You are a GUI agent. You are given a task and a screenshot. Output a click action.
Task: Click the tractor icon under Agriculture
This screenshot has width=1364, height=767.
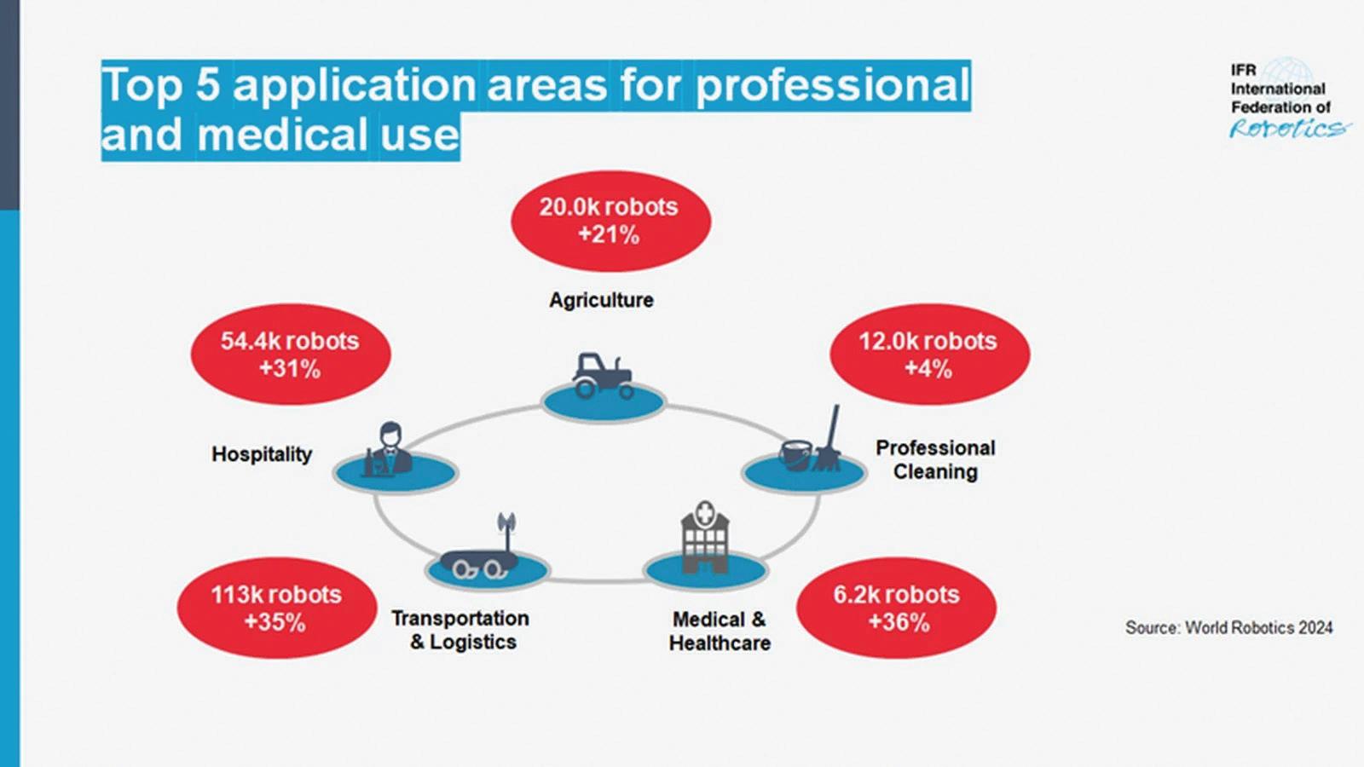tap(603, 376)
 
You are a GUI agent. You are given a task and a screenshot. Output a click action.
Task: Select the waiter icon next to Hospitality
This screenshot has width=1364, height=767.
tap(389, 449)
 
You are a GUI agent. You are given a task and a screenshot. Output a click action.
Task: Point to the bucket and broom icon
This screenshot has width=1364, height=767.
tap(811, 441)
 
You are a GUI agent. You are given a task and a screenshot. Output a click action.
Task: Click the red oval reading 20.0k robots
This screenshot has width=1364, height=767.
tap(610, 221)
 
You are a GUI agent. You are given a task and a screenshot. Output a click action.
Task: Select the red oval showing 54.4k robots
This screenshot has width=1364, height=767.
tap(290, 355)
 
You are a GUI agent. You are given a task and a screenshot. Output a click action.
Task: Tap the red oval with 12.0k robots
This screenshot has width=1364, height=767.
tap(929, 355)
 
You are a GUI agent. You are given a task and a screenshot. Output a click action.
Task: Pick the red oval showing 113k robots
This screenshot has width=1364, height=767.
tap(276, 608)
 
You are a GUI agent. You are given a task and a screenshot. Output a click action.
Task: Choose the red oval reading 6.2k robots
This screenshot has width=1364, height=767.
tap(896, 608)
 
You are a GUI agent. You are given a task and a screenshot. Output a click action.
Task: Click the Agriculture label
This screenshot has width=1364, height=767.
tap(601, 300)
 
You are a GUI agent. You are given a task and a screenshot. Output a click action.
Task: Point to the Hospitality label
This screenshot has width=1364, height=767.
tap(262, 454)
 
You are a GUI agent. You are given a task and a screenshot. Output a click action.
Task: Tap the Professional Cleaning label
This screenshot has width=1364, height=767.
tap(935, 459)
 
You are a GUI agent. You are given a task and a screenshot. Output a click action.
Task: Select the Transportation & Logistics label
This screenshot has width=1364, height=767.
tap(461, 630)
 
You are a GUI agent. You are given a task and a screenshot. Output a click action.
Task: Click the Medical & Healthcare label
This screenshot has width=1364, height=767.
tap(720, 631)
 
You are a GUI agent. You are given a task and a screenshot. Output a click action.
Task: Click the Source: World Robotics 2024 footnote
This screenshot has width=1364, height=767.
tap(1228, 628)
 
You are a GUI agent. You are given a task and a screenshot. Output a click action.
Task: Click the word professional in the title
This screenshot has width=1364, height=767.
tap(833, 86)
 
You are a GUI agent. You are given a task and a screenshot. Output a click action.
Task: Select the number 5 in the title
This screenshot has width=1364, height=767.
tap(207, 85)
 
